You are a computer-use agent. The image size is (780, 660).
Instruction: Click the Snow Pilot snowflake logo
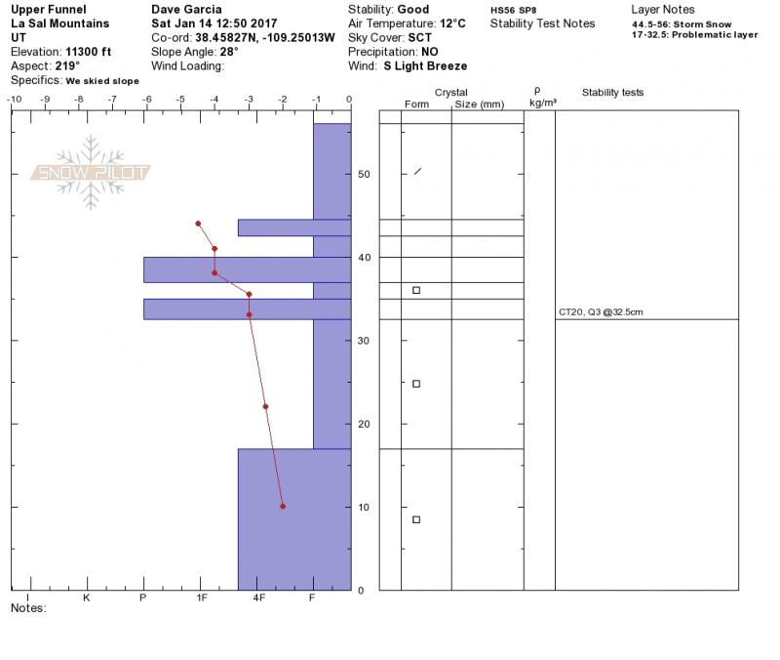click(90, 173)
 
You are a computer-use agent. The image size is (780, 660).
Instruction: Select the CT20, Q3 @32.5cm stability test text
click(601, 312)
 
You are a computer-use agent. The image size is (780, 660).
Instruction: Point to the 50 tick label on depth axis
click(364, 174)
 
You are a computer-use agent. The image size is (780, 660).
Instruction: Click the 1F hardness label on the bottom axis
click(202, 598)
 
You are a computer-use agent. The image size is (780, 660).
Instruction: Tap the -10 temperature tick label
click(15, 99)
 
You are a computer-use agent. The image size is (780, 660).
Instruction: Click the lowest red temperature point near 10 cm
click(283, 506)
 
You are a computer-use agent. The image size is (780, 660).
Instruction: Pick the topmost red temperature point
click(198, 224)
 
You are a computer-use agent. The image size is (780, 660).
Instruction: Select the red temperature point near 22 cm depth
click(265, 406)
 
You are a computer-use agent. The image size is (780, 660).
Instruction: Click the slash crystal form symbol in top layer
click(418, 172)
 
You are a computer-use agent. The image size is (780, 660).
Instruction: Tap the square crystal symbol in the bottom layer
click(416, 519)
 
